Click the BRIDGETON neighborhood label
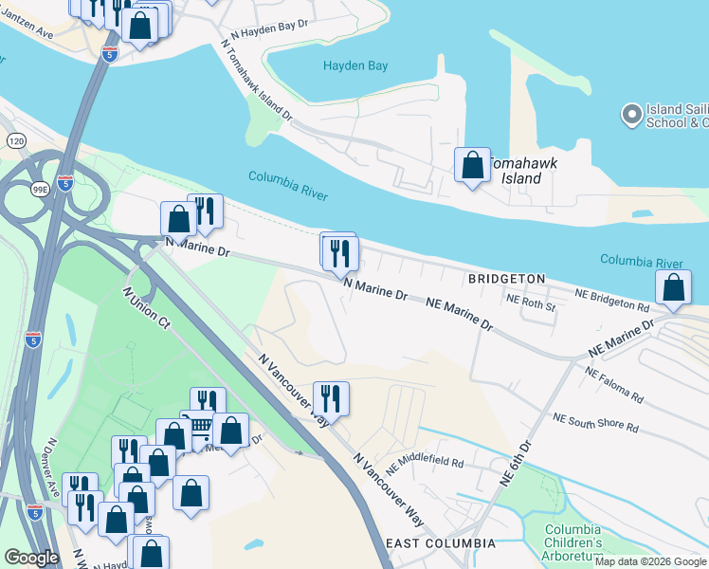tap(506, 279)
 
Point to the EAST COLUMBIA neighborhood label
tap(441, 543)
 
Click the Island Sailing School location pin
tap(631, 115)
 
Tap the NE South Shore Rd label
tap(596, 422)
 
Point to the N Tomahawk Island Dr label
tap(256, 81)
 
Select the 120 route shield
tap(16, 140)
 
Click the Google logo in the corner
tap(31, 558)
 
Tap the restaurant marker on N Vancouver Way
tap(331, 397)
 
